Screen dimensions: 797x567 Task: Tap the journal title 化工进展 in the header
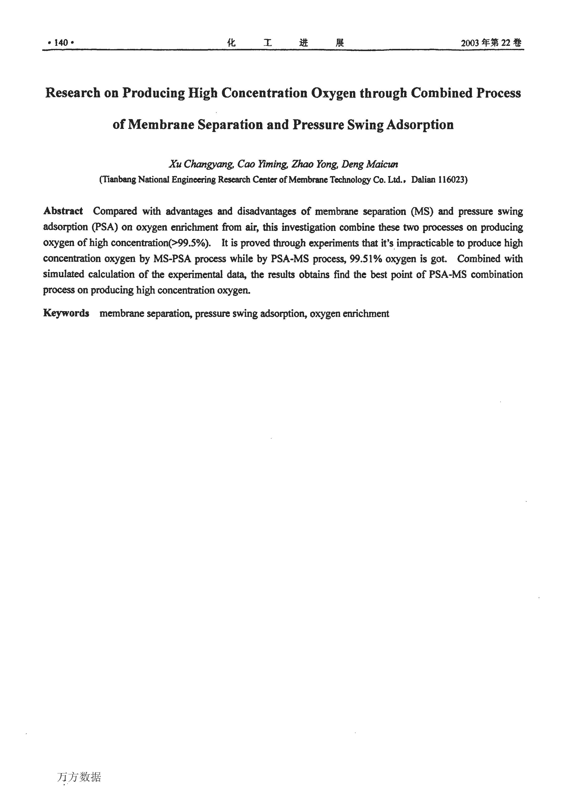coord(285,43)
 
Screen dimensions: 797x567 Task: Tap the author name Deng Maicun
coord(370,164)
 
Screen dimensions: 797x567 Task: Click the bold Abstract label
coord(63,211)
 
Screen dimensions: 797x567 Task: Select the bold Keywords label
coord(66,313)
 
